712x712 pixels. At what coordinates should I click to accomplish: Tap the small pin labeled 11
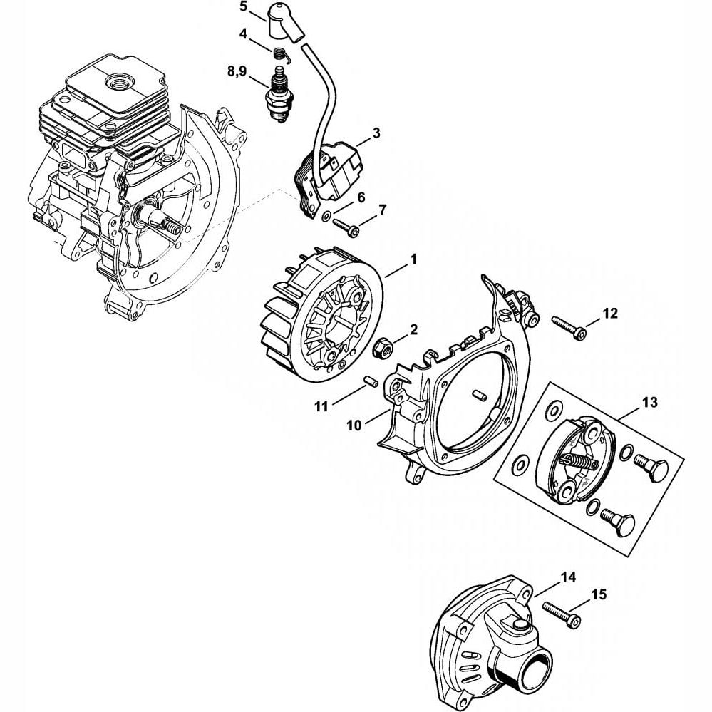(369, 381)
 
